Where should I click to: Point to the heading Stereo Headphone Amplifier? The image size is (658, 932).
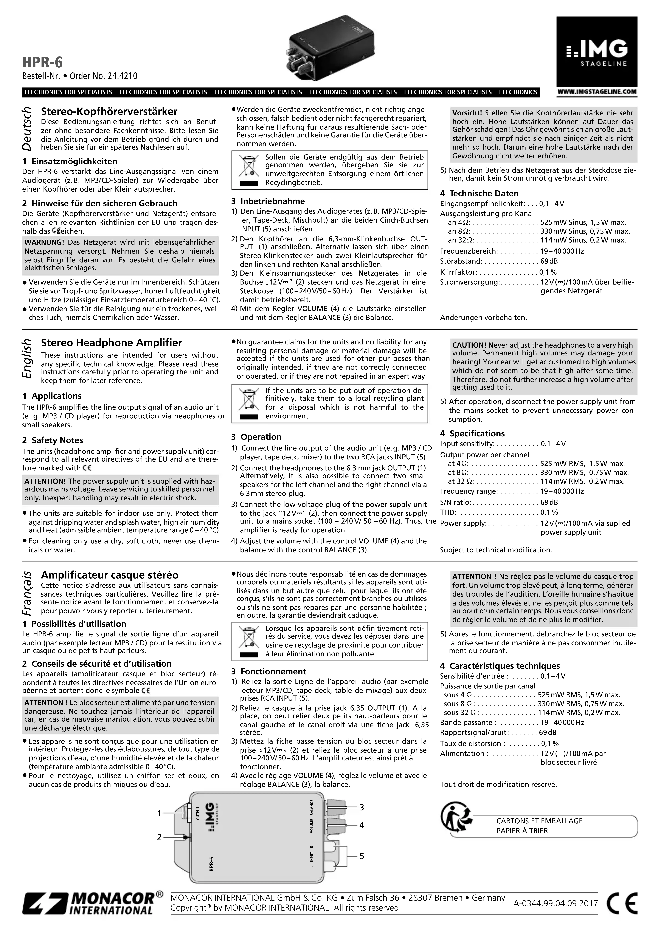point(112,343)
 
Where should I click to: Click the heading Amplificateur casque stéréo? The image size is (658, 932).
point(110,575)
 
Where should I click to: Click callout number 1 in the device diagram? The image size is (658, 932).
point(159,813)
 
